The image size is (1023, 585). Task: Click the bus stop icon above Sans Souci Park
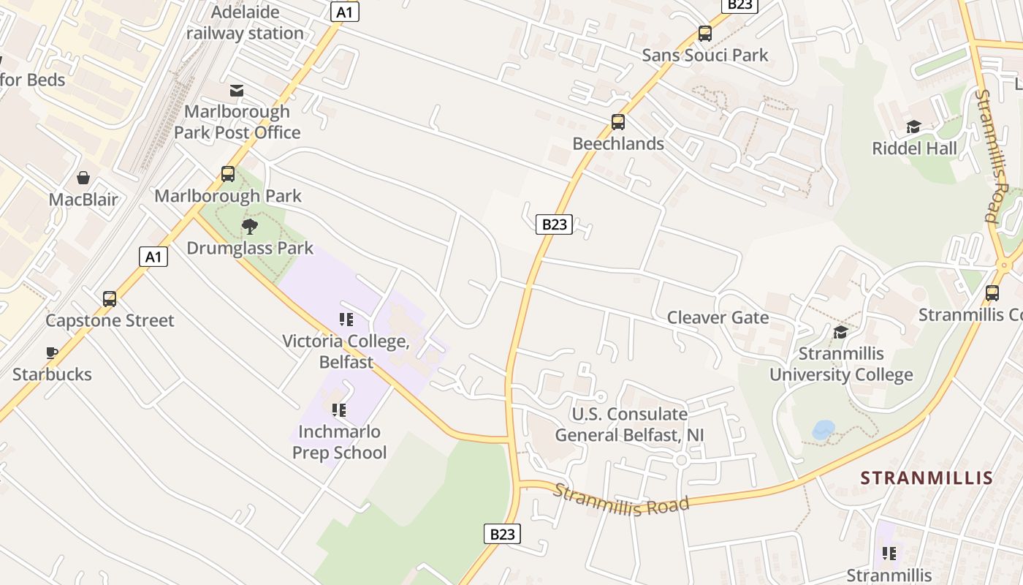click(x=704, y=34)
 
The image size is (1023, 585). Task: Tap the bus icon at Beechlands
click(x=618, y=122)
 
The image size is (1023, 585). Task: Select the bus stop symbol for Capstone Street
click(x=110, y=298)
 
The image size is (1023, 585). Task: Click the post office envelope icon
click(x=237, y=91)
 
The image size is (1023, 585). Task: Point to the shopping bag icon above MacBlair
click(x=83, y=178)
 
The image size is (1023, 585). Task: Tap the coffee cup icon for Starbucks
click(x=52, y=352)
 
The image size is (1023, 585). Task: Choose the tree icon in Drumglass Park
click(x=250, y=226)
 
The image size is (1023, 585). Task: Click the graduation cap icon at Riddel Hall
click(x=913, y=127)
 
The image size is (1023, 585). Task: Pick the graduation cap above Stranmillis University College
click(x=840, y=333)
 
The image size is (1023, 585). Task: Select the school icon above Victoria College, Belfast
click(x=346, y=320)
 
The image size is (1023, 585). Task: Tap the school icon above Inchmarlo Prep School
click(x=339, y=410)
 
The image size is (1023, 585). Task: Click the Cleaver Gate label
click(x=718, y=317)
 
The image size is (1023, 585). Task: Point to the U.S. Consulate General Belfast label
click(x=629, y=425)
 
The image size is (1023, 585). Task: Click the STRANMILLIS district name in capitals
click(x=926, y=478)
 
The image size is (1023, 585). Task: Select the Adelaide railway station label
click(x=245, y=23)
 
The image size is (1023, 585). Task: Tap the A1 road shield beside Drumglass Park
click(x=153, y=257)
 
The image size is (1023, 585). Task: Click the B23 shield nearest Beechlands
click(x=553, y=224)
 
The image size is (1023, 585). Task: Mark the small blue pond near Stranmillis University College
click(x=824, y=429)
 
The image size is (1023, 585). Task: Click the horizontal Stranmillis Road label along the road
click(x=621, y=500)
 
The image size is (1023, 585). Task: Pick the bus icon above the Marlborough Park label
click(x=228, y=174)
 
